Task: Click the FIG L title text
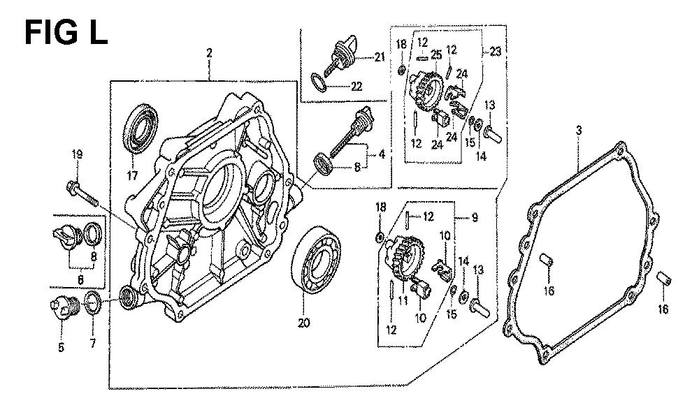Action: point(66,31)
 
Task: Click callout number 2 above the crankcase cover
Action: point(208,53)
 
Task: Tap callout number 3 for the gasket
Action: point(579,130)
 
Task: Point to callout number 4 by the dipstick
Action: point(381,153)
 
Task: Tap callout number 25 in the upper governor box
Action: point(435,54)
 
